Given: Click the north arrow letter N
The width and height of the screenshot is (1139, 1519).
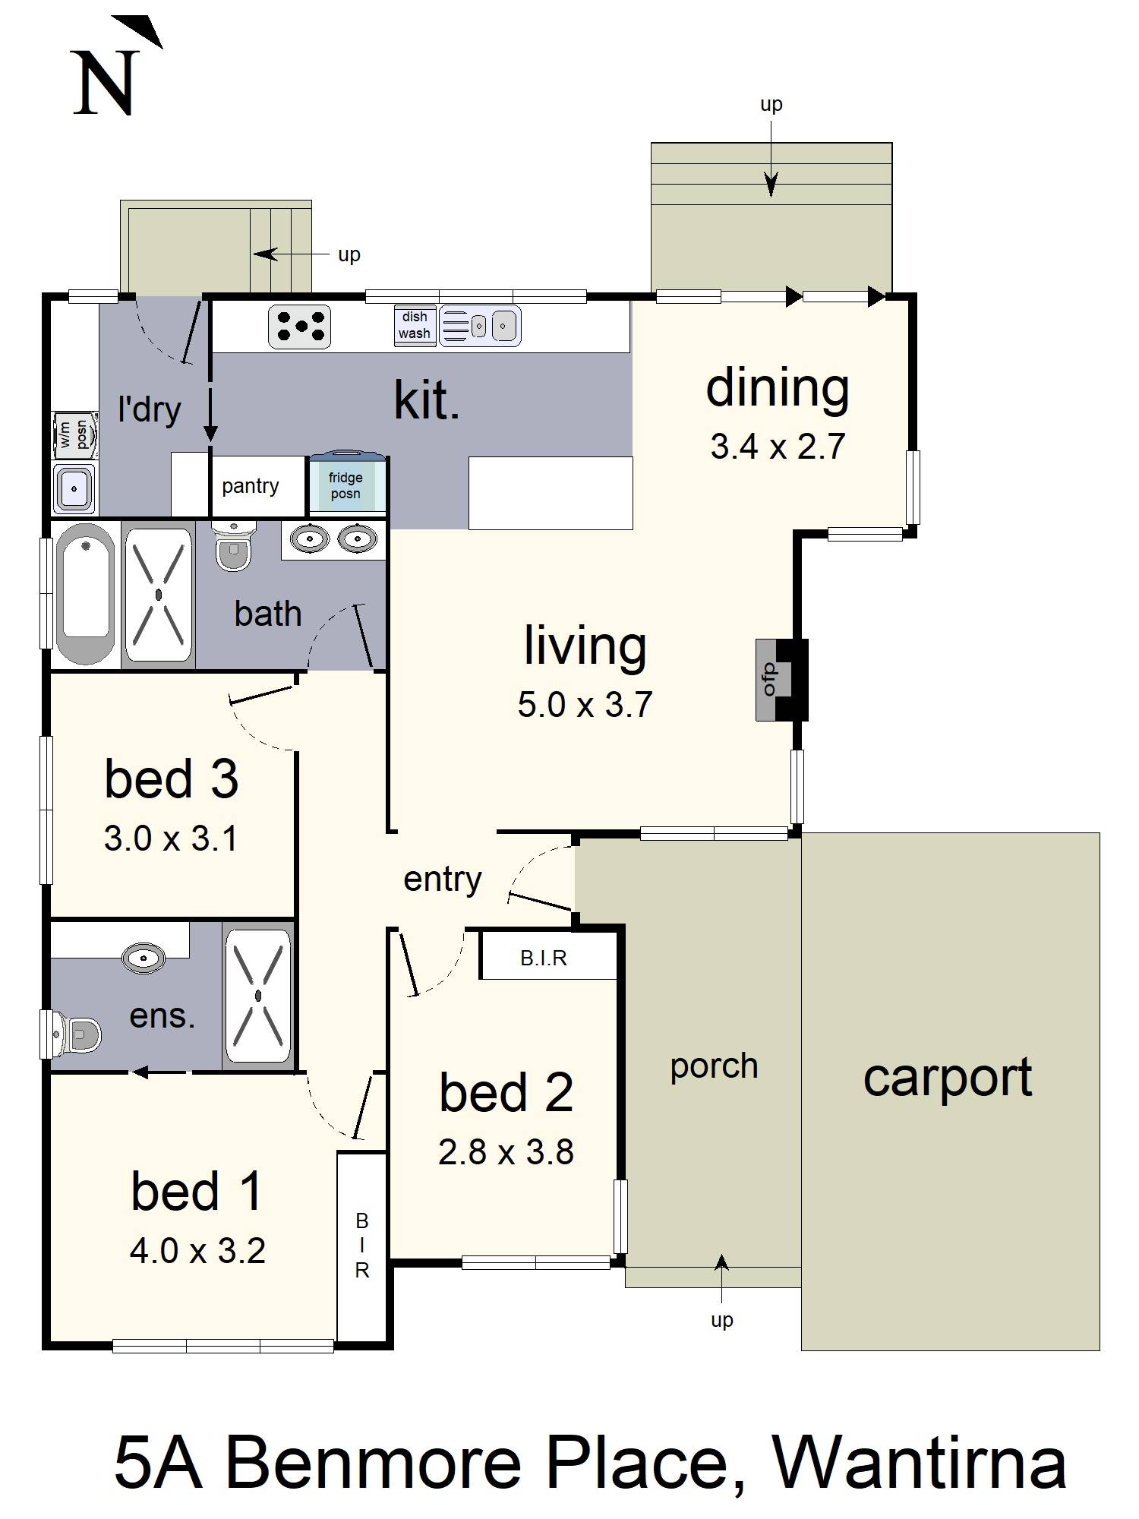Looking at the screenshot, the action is point(104,83).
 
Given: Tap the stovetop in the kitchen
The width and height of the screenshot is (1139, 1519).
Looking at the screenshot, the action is point(299,327).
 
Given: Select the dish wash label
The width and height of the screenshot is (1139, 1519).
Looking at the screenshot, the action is point(415,325).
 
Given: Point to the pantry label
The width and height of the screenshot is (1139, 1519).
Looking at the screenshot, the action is point(250,486).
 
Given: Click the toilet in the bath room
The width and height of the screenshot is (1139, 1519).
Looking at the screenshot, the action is point(232,545).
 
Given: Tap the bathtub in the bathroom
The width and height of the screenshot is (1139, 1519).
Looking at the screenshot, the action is point(85,595).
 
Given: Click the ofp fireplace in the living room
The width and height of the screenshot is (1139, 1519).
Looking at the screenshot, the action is point(781,680).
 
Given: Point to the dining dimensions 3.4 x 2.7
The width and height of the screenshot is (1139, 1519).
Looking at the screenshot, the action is point(778,447).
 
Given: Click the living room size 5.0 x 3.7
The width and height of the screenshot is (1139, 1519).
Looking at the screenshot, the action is point(585,705).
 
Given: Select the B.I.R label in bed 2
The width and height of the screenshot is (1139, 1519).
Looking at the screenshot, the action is point(544,958).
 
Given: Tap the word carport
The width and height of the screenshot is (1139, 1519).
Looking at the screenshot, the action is point(948,1078).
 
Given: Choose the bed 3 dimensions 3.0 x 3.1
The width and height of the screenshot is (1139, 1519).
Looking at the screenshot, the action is point(171,839).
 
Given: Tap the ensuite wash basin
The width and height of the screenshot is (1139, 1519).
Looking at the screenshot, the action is point(143,958).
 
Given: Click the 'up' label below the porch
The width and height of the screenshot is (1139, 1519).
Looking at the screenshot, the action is point(722,1320).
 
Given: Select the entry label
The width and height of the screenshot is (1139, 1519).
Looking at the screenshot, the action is point(443,880).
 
